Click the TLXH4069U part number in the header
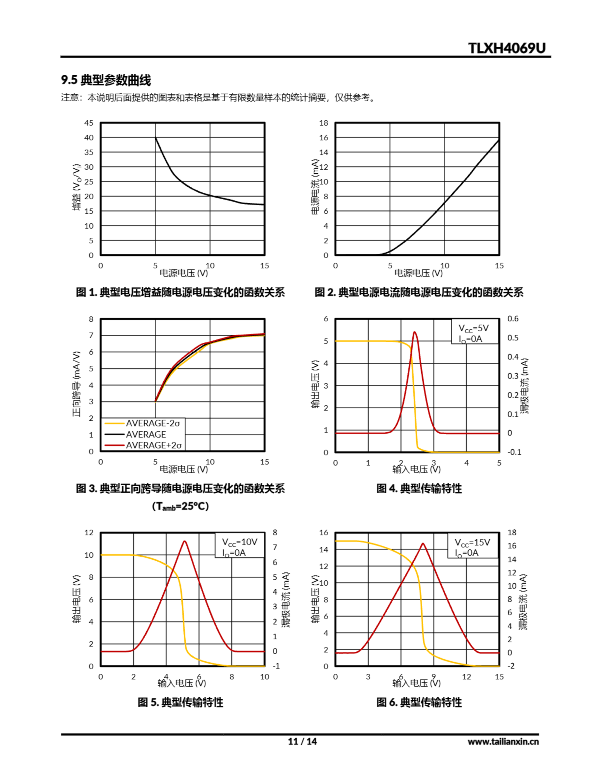[507, 48]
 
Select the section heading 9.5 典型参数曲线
[106, 80]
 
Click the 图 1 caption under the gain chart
[180, 293]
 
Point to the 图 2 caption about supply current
[419, 293]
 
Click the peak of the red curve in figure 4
[414, 332]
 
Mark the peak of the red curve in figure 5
[184, 541]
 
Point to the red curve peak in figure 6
[423, 544]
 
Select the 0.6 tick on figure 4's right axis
[513, 319]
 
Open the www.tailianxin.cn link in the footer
[503, 741]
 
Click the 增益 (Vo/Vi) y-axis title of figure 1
[77, 187]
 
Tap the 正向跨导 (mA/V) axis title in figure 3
[77, 384]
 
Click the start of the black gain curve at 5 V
[155, 138]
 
